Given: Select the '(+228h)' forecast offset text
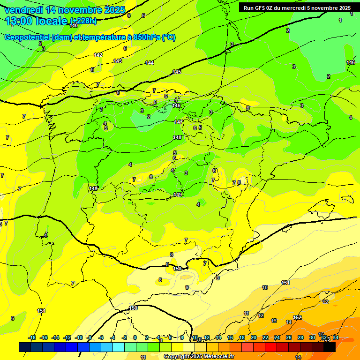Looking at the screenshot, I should tap(83, 21).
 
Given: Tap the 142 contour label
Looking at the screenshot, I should tap(98, 55).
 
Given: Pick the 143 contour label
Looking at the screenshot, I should tap(118, 61).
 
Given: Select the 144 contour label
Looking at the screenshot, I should tap(150, 63).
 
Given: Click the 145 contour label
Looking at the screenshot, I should tap(177, 72).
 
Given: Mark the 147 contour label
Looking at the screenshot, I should tap(179, 122).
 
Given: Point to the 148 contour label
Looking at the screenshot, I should tap(177, 137).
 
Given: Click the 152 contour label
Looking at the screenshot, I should tap(297, 317).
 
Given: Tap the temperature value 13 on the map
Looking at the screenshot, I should tap(274, 321).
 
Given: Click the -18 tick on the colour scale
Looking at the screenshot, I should tap(32, 337).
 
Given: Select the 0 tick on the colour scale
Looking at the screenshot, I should tap(135, 337).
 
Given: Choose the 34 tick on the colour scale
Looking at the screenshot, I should tap(335, 337).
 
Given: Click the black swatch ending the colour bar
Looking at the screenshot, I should tap(330, 347).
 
